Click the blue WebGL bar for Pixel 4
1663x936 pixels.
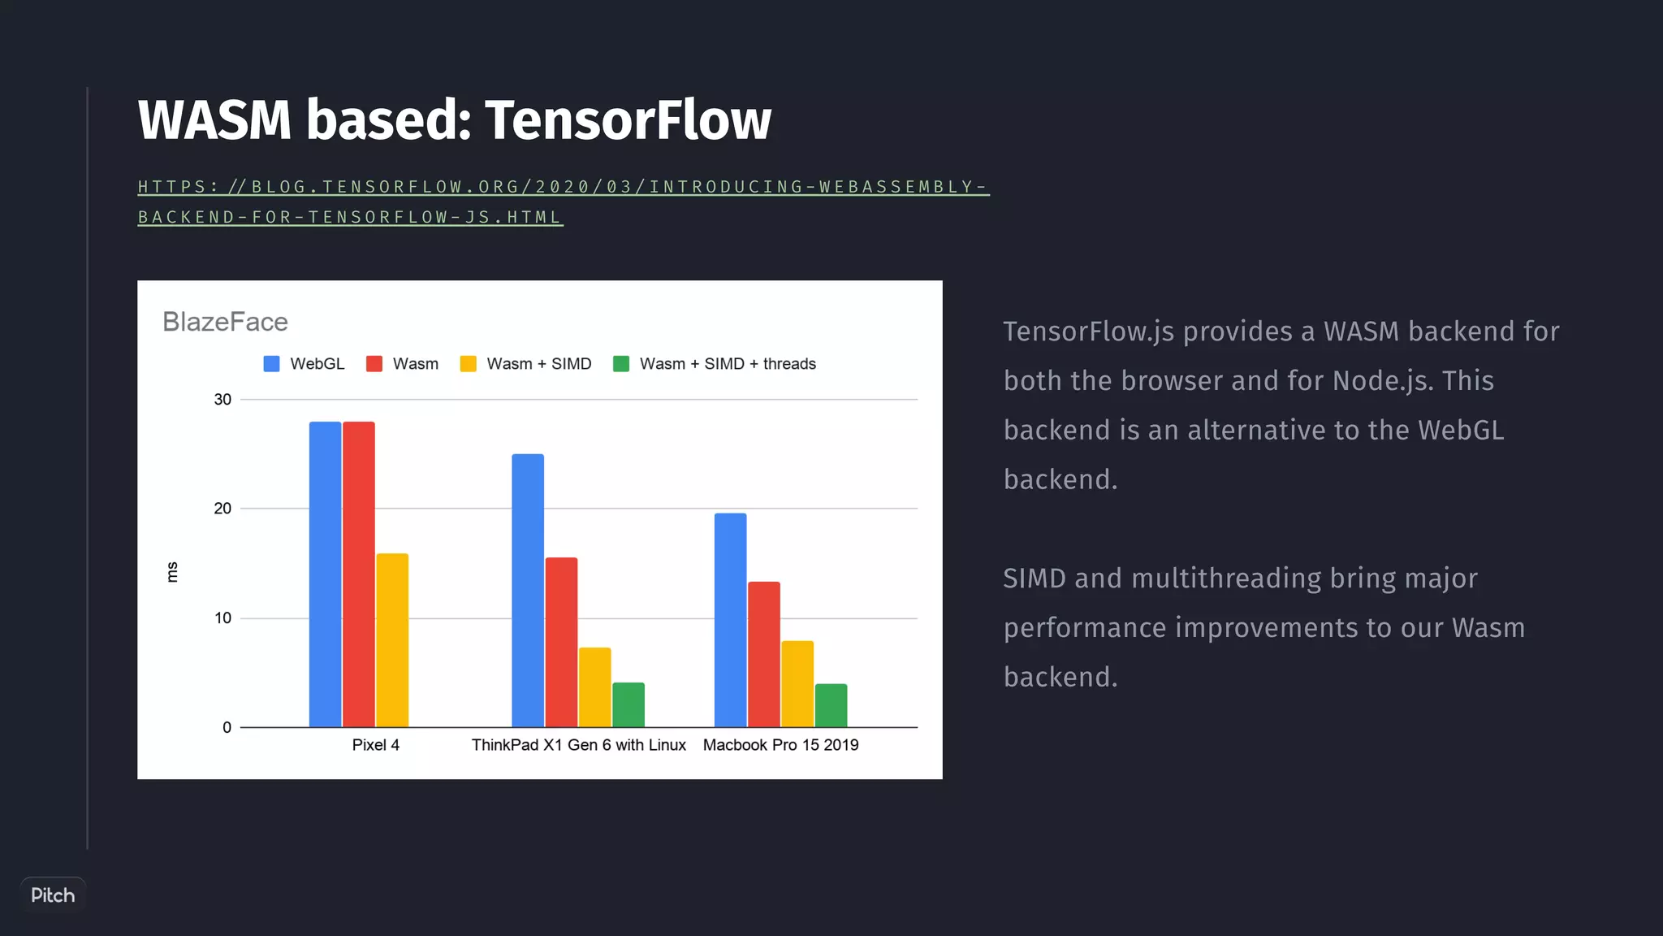325,574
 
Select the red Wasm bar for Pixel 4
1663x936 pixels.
359,574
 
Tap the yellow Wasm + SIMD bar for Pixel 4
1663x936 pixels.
392,640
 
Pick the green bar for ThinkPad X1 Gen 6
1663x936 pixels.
628,705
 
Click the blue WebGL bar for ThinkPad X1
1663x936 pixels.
528,590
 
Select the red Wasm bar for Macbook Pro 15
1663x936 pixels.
764,654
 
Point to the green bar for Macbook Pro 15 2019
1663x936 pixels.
831,705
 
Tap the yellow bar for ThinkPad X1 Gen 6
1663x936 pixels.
594,687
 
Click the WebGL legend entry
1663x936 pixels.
305,364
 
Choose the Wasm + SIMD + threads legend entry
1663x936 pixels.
715,364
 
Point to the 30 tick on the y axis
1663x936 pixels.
222,400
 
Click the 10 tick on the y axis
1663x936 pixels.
222,618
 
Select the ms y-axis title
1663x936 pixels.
172,572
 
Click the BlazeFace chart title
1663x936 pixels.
225,322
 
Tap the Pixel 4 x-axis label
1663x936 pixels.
375,745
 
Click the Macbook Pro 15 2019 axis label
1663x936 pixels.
780,745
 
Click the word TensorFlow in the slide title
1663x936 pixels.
628,120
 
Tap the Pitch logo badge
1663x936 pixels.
53,895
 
